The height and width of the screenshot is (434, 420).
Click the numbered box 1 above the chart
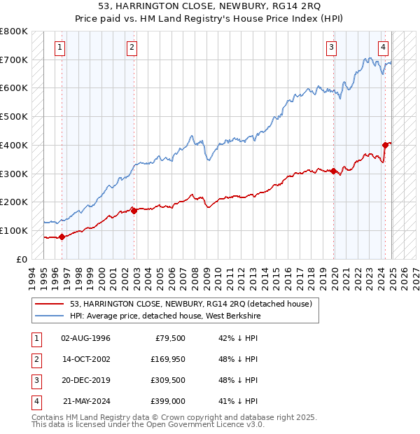click(60, 48)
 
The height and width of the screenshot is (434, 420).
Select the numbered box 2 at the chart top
click(132, 48)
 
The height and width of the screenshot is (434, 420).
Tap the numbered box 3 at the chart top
click(331, 48)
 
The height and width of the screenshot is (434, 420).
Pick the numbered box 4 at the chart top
click(384, 48)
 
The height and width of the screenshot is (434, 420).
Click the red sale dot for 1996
click(62, 236)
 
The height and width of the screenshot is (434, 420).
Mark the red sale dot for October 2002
click(134, 210)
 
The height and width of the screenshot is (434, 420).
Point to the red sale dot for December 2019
click(334, 170)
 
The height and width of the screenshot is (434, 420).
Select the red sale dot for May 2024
click(385, 145)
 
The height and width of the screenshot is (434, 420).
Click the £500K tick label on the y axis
click(14, 117)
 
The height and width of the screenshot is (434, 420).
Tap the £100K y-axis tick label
click(14, 230)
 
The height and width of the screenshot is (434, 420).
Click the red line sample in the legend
click(49, 303)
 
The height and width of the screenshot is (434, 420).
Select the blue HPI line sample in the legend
click(49, 316)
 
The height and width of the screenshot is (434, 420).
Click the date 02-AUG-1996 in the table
click(85, 338)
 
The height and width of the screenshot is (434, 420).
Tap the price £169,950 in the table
click(167, 359)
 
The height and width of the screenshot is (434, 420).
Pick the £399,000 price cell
click(167, 401)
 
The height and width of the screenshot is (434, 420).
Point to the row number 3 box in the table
click(36, 380)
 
